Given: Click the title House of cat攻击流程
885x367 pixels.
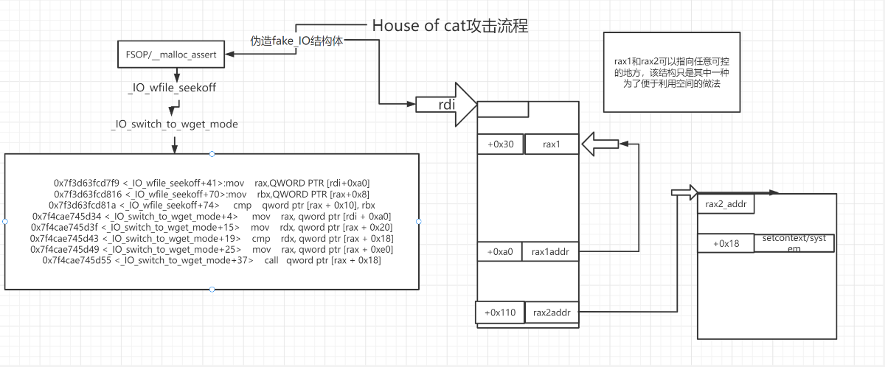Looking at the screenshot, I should pyautogui.click(x=450, y=25).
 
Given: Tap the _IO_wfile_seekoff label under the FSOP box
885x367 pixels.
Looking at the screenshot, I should pyautogui.click(x=172, y=88).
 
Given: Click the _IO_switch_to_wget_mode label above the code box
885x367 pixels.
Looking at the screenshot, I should pyautogui.click(x=174, y=124).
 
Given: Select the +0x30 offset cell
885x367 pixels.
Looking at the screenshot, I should pyautogui.click(x=500, y=144).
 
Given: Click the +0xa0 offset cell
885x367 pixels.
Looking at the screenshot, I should pyautogui.click(x=500, y=252).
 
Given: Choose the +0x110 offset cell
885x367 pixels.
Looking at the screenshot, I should pyautogui.click(x=500, y=312).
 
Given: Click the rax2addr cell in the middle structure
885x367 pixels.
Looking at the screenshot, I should pyautogui.click(x=552, y=312).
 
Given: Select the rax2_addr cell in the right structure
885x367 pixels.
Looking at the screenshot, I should pyautogui.click(x=726, y=203).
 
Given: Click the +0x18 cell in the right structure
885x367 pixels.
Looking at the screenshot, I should pyautogui.click(x=726, y=243).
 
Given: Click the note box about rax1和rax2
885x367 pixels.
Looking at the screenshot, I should pyautogui.click(x=670, y=72).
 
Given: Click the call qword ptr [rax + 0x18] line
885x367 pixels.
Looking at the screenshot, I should pyautogui.click(x=212, y=260).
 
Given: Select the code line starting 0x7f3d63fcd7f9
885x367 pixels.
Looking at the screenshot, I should pyautogui.click(x=212, y=182).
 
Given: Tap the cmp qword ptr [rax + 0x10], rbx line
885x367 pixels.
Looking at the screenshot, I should pyautogui.click(x=212, y=204).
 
